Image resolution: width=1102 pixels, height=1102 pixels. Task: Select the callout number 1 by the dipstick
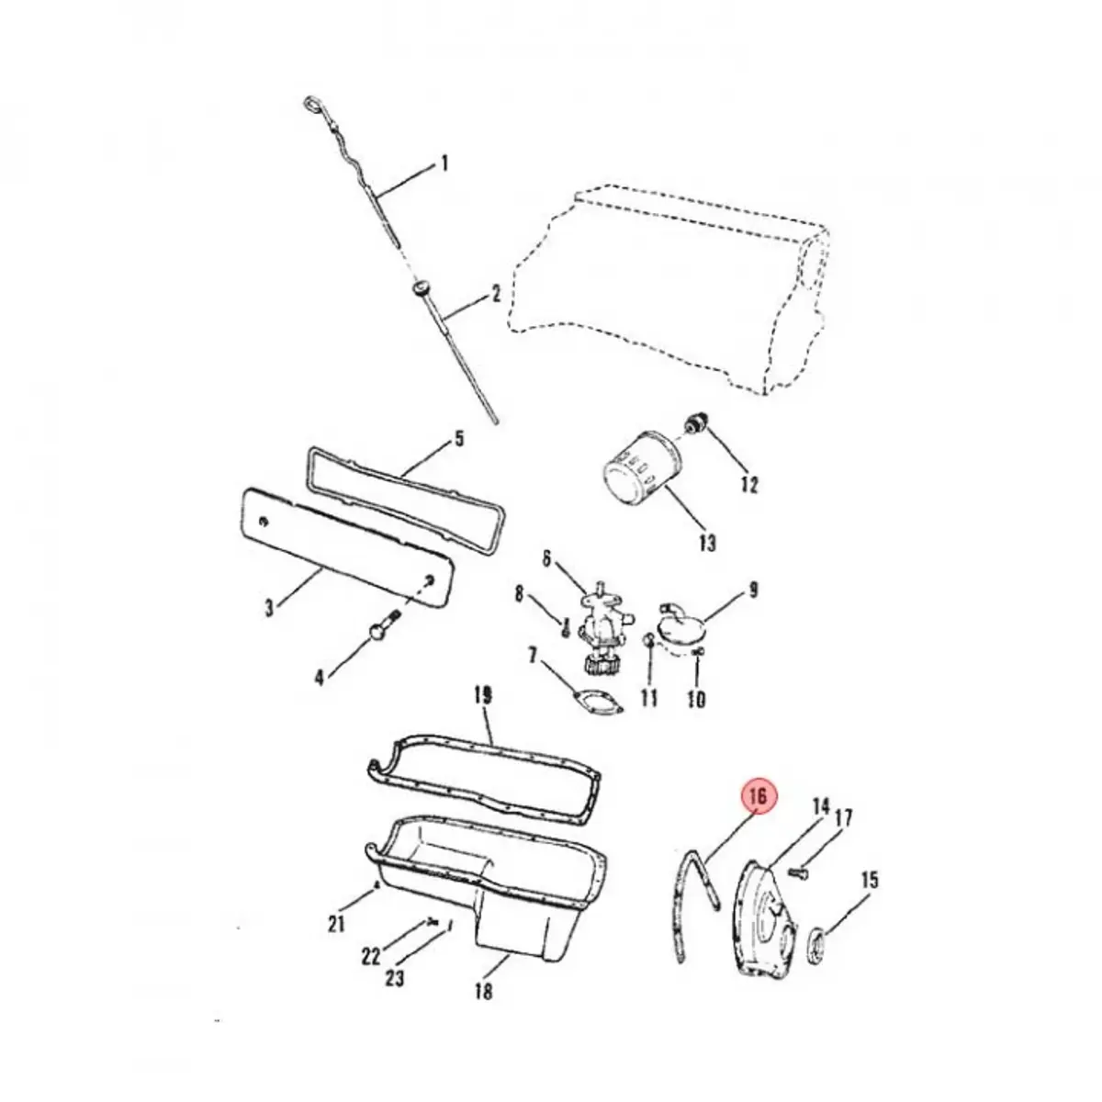tap(444, 164)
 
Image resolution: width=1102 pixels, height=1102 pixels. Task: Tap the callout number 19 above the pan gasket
tap(481, 696)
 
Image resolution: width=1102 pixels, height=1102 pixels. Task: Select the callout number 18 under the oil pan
tap(483, 991)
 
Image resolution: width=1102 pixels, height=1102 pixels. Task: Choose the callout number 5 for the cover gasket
tap(458, 440)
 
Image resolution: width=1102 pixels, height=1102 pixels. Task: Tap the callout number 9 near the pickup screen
tap(753, 590)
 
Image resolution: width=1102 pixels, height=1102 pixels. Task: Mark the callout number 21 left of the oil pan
tap(336, 923)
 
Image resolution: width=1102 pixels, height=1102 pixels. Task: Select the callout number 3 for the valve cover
tap(268, 607)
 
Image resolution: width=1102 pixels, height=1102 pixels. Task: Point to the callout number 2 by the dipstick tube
tap(496, 294)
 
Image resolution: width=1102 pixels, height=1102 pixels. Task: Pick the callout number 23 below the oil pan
tap(394, 978)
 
